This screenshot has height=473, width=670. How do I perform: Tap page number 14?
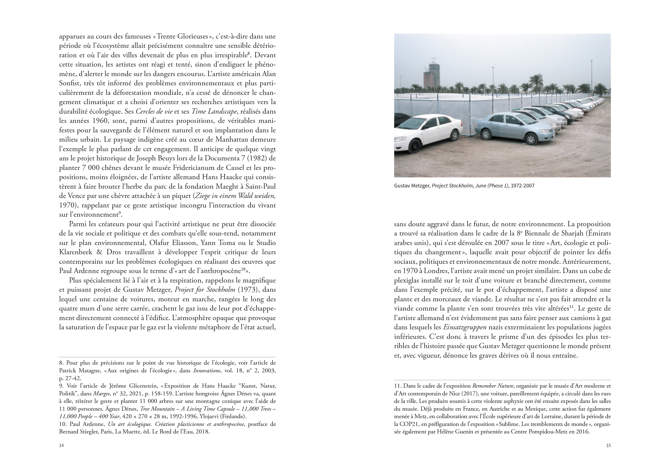[61, 445]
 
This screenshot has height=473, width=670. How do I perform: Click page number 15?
[608, 445]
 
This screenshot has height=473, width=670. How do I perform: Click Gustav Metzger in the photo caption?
[412, 186]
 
